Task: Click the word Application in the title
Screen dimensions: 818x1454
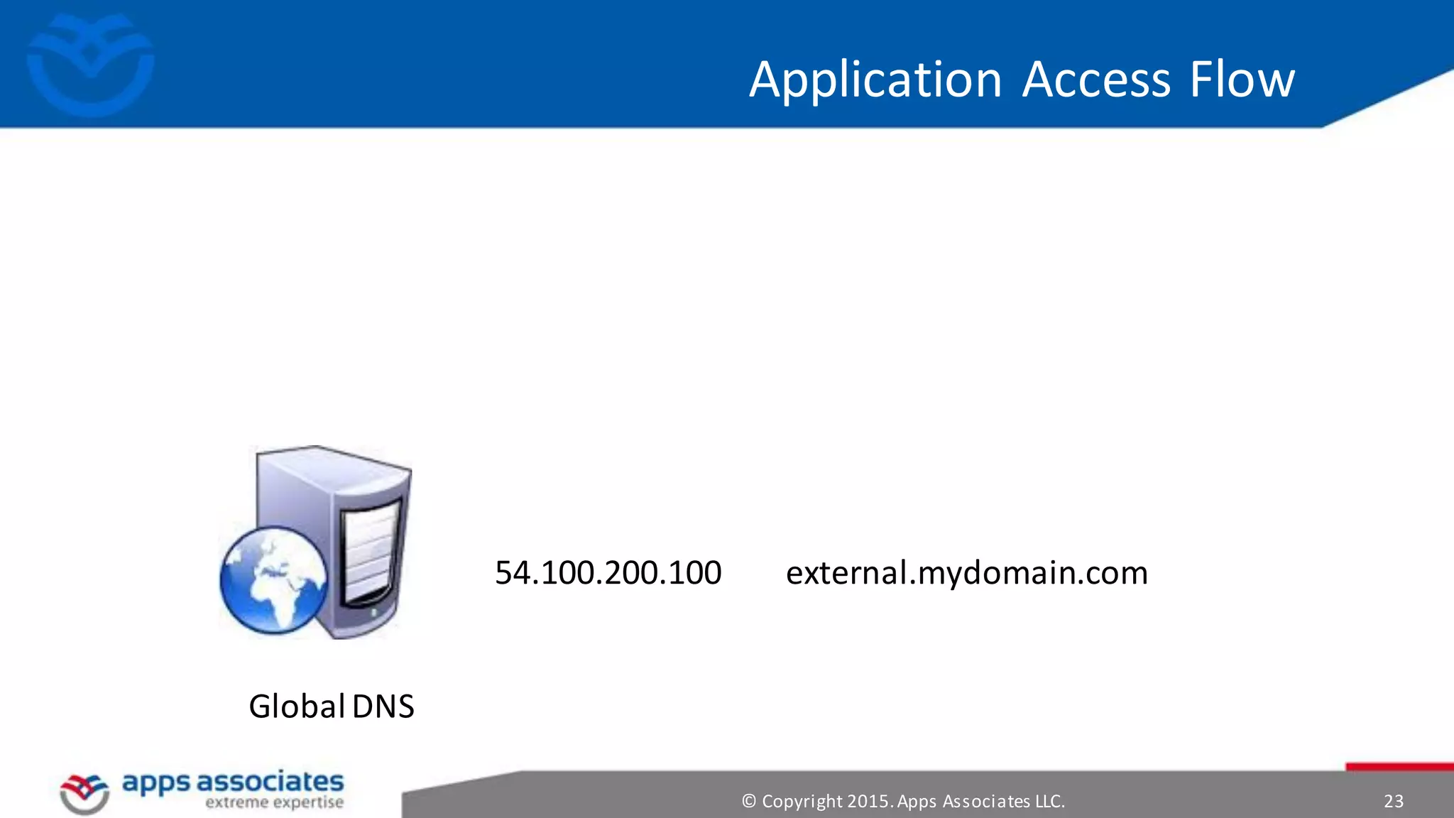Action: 875,80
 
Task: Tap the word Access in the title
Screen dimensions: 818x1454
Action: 1096,80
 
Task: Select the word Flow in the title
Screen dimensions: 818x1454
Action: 1242,80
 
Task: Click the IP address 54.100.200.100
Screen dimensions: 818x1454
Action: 608,573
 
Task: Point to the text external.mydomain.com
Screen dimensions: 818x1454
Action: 966,573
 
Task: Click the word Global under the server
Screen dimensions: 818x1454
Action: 297,707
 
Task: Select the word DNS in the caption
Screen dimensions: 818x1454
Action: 383,707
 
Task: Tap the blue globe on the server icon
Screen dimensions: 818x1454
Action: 273,579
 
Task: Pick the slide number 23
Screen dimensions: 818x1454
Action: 1393,802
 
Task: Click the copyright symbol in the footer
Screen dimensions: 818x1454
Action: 748,802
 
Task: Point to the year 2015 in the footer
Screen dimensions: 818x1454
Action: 869,802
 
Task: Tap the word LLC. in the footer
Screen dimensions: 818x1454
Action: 1049,802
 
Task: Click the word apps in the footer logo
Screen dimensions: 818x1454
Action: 155,783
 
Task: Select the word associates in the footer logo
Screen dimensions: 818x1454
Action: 270,782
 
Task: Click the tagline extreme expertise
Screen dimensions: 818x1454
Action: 274,803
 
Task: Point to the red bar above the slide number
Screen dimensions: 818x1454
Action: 1399,767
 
